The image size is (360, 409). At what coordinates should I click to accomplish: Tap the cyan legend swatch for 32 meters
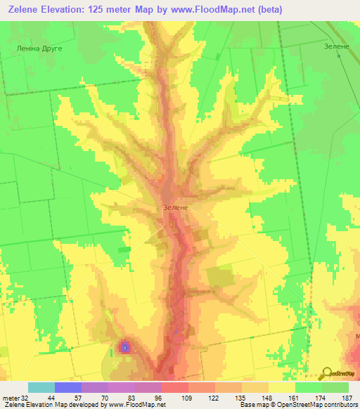coord(41,387)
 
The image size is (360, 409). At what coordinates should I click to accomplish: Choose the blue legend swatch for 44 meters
coord(68,387)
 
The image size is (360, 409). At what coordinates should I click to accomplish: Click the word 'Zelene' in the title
coord(22,9)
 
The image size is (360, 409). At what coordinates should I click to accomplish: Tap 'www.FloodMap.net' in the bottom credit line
coord(137,405)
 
